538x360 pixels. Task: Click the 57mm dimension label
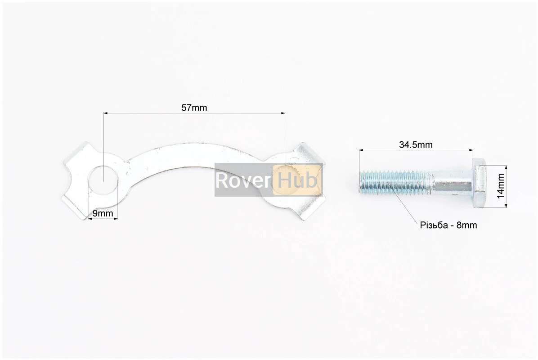coord(194,108)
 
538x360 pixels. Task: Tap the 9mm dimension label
coord(102,213)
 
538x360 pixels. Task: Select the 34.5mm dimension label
coord(416,144)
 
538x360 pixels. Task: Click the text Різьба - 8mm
coord(448,225)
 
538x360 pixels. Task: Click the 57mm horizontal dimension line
coord(148,114)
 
